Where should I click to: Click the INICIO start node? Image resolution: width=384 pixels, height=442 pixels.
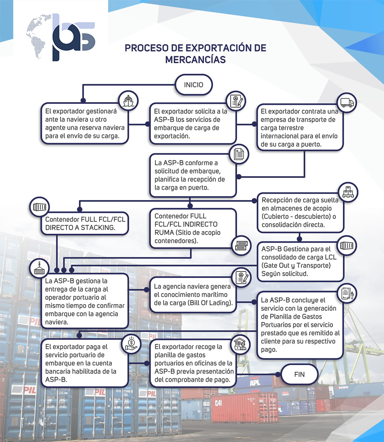pyautogui.click(x=194, y=84)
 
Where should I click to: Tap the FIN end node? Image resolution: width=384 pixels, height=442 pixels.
pyautogui.click(x=299, y=374)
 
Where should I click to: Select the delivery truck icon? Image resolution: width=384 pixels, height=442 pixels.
pyautogui.click(x=347, y=103)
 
